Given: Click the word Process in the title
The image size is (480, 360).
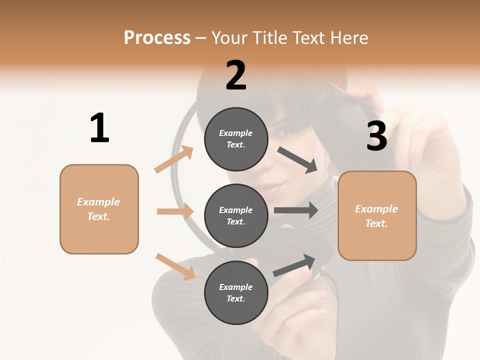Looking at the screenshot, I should click(157, 38).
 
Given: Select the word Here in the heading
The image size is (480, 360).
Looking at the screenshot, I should click(348, 38).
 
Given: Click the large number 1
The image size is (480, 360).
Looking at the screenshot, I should click(99, 128).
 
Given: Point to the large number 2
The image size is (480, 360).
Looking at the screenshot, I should click(236, 76).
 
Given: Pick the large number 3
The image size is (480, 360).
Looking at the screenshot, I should click(376, 136).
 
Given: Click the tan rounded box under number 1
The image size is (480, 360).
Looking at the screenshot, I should click(99, 209).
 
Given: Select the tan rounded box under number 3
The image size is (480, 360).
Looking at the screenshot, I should click(377, 216).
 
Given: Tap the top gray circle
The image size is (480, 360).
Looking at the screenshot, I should click(236, 139).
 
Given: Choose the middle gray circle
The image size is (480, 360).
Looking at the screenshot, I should click(236, 215).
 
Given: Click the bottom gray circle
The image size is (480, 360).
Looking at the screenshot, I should click(236, 292).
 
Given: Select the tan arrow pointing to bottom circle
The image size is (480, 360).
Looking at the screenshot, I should click(175, 266).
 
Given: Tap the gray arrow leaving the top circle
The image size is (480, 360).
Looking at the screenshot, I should click(297, 160).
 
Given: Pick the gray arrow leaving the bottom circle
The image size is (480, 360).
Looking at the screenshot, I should click(295, 265).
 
